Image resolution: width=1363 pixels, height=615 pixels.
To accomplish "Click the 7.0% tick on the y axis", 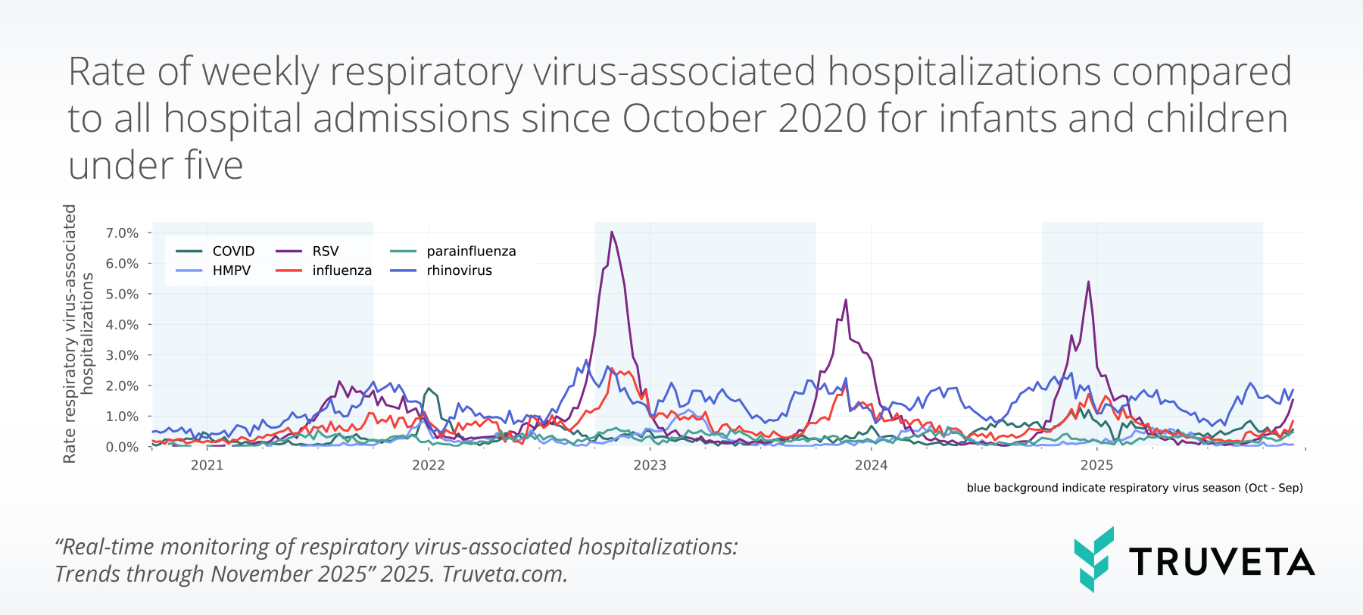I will pos(122,233).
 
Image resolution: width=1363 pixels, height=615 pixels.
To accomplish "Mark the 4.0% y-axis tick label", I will pos(122,325).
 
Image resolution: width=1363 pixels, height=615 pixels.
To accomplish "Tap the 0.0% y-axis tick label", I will pos(122,447).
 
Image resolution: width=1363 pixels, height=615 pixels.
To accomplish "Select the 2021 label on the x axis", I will pos(207,465).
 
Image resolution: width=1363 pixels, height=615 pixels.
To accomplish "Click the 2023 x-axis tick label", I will pos(650,465).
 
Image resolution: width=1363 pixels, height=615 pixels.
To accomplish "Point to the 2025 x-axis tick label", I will pos(1096,465).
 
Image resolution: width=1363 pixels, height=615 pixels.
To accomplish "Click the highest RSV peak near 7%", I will pos(611,233).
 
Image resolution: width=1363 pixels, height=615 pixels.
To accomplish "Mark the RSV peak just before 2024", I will pos(845,300).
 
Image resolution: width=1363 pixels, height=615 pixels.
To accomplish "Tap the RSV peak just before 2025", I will pos(1088,283).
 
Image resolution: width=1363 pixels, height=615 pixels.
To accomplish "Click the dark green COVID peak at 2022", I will pos(429,389).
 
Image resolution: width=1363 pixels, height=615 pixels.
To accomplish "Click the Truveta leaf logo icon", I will pos(1093,559).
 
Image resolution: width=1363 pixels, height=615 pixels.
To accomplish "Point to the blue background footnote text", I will pos(1134,488).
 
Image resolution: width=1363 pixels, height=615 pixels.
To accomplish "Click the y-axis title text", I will pos(78,333).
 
